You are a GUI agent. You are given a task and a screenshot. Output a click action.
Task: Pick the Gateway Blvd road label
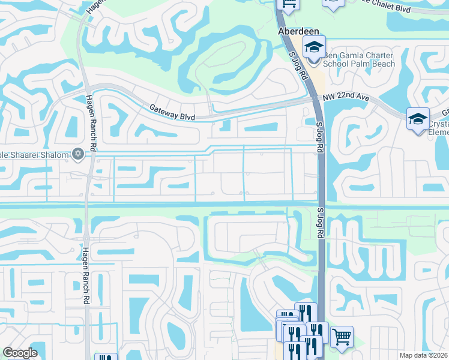click(172, 112)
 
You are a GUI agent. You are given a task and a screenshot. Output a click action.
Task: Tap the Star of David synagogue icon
click(77, 154)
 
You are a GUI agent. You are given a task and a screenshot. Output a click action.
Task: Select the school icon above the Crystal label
click(418, 119)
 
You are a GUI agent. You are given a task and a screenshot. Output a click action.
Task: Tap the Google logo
click(20, 353)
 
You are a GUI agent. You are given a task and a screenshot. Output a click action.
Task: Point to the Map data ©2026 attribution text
click(424, 355)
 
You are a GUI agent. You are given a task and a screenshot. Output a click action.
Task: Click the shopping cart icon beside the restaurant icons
click(342, 337)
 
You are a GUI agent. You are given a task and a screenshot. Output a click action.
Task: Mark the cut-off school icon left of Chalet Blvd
click(333, 4)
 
